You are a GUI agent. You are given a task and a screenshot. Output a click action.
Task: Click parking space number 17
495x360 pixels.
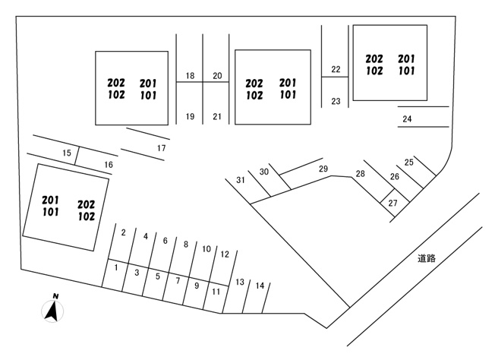pos(161,148)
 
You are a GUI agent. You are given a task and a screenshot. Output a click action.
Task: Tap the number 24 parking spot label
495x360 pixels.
pos(407,118)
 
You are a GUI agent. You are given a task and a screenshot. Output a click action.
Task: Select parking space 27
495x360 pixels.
pos(393,203)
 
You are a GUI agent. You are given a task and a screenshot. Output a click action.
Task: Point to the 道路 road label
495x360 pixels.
pos(427,258)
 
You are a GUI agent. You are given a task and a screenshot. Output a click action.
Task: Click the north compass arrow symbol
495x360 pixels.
pos(52,311)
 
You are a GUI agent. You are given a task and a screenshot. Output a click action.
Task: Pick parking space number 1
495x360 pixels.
pos(116,267)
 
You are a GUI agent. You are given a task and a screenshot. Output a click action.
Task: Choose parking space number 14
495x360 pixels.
pos(260,286)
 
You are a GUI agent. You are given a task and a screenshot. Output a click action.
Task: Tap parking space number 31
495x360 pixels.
pos(241,180)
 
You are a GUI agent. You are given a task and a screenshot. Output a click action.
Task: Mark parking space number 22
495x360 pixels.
pos(336,69)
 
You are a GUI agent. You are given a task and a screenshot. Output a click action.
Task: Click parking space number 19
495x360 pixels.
pos(190,116)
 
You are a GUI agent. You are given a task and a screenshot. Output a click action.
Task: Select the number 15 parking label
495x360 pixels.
pos(67,153)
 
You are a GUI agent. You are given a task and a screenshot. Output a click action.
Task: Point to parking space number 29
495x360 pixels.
pos(323,169)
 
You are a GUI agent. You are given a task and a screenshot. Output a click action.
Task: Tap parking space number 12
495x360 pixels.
pos(225,254)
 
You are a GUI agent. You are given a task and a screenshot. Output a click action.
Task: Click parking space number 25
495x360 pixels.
pos(408,162)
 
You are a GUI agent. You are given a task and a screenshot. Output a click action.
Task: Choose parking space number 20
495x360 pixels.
pos(217,75)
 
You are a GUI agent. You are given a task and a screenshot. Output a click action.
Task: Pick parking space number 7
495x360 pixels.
pos(178,280)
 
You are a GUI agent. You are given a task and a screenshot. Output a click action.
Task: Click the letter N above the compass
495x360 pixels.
pos(56,296)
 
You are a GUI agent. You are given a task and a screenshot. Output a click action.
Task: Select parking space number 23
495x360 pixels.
pos(336,101)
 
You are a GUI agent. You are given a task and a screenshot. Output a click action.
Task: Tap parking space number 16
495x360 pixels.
pos(109,165)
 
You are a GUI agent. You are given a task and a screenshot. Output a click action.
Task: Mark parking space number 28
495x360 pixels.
pos(360,173)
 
